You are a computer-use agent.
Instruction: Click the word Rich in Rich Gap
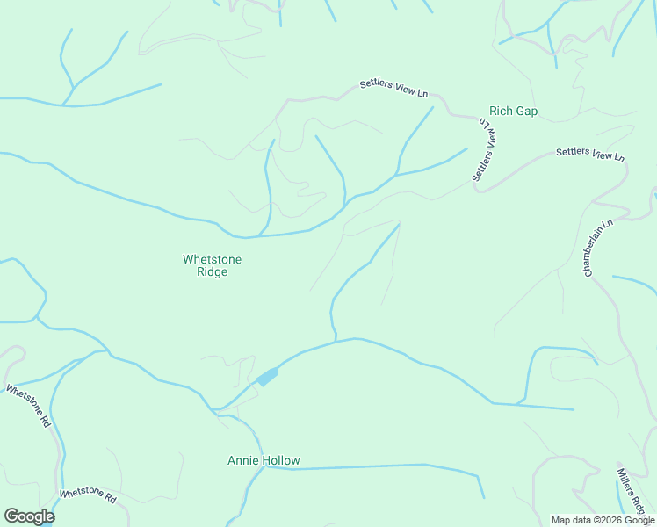pos(501,112)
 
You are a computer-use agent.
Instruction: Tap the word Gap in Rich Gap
pos(526,112)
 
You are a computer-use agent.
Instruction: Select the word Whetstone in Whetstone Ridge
pos(212,259)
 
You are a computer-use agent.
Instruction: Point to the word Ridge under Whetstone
pos(212,272)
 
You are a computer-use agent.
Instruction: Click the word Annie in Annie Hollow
pos(242,460)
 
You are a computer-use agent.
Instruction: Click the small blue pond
pos(267,377)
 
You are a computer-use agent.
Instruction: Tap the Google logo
pos(29,516)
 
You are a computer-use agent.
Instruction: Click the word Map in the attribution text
pos(561,520)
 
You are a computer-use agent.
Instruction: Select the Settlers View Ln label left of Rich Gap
pos(393,89)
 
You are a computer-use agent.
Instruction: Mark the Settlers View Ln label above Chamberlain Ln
pos(589,154)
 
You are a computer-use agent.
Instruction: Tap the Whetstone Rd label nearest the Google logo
pos(88,496)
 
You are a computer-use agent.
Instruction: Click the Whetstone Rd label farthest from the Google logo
pos(29,405)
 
